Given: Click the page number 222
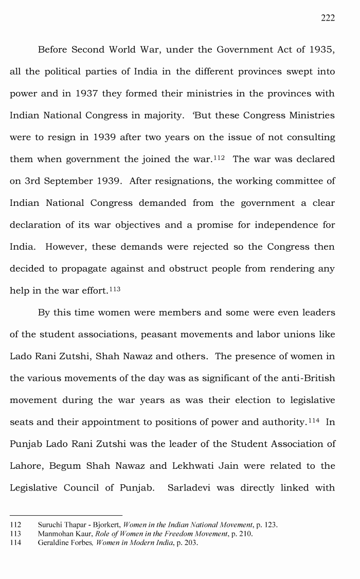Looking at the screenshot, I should (328, 18).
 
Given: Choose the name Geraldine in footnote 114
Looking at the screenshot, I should (53, 542).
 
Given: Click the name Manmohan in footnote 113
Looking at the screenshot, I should (55, 534).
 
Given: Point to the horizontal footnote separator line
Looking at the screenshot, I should (66, 515).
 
